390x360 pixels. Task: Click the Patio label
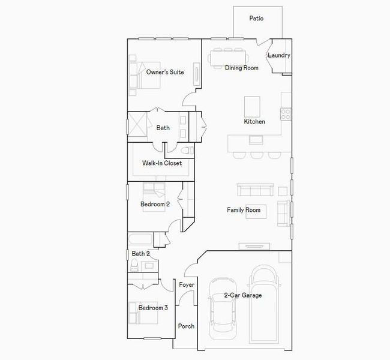(256, 19)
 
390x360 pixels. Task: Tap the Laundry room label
(279, 56)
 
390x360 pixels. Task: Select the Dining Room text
(241, 68)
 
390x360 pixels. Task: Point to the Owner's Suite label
(165, 72)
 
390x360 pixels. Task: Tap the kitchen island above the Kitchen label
(252, 106)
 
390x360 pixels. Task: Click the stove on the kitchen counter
(286, 113)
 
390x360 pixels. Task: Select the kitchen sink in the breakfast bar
(256, 140)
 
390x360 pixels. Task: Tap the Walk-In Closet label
(161, 163)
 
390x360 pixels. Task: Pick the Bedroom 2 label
(155, 205)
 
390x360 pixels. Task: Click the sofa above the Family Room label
(256, 190)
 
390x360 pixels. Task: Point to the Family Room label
(243, 210)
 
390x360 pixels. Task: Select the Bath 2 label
(140, 254)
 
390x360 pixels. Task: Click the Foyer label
(186, 284)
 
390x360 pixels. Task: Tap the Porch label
(186, 326)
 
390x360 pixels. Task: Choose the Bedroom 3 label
(153, 308)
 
